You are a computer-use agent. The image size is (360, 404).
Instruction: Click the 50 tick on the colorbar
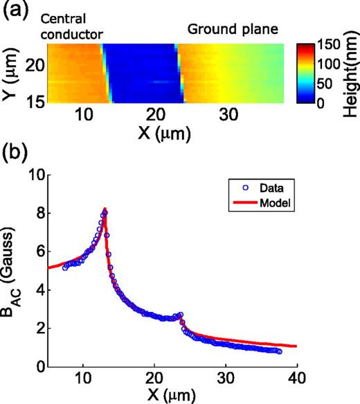pos(325,85)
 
